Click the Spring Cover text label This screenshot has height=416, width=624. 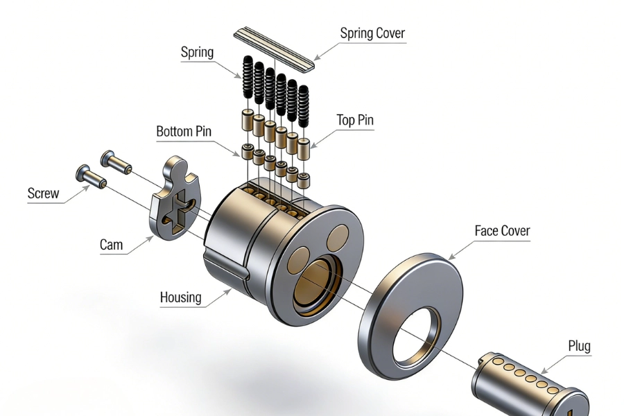point(372,33)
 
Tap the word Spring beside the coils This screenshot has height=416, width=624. point(197,53)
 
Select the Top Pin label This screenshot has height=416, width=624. point(355,120)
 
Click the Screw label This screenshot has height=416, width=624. point(43,193)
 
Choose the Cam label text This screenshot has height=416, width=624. point(111,244)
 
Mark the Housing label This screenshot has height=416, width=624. point(180,297)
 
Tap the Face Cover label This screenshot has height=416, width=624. point(502,231)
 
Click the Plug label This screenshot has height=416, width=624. point(579,346)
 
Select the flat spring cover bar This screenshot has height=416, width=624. point(275,49)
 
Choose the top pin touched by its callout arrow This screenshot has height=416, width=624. point(303,145)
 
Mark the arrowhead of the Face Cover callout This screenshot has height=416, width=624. point(451,257)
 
